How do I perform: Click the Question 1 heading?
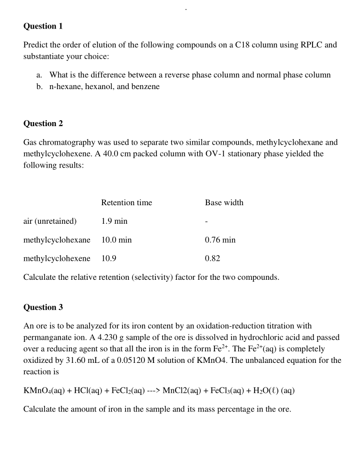tap(43, 26)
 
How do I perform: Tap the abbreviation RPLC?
tap(310, 45)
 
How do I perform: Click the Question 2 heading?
tap(43, 123)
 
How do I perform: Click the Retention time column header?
tap(126, 203)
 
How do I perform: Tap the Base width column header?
tap(224, 203)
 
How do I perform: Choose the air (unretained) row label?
tap(50, 221)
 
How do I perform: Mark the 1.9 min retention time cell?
tap(114, 221)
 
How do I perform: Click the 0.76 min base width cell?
tap(220, 240)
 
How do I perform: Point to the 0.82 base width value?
tap(212, 258)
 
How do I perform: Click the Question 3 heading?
tap(43, 307)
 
